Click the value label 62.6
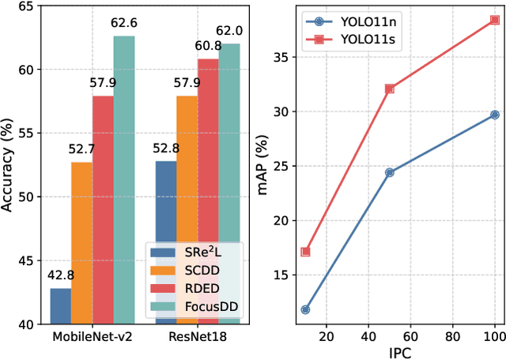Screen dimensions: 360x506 tap(123, 22)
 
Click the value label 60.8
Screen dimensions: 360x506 tap(209, 45)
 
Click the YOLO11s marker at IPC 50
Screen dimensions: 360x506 tap(390, 89)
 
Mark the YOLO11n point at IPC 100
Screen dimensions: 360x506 tap(495, 115)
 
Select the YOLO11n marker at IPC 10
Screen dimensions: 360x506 tap(305, 309)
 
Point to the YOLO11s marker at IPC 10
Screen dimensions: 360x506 tap(305, 252)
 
